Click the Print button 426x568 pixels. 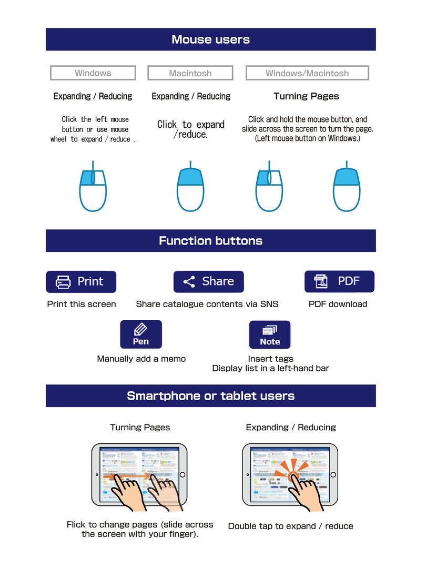[x=81, y=281]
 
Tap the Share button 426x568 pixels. [x=209, y=281]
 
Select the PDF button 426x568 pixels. [x=339, y=281]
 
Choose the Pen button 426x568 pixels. [x=141, y=334]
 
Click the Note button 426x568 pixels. [x=270, y=334]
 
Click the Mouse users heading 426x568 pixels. [x=210, y=39]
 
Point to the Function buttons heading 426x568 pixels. [x=210, y=241]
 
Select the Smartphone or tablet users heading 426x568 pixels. [x=210, y=395]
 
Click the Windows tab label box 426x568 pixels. [x=93, y=73]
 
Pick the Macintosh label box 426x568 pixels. [x=190, y=73]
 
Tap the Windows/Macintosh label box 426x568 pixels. [x=307, y=73]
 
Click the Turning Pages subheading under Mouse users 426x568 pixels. [x=306, y=96]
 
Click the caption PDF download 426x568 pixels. [x=338, y=304]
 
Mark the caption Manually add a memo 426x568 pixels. [x=141, y=359]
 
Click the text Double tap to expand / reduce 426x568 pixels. [x=291, y=526]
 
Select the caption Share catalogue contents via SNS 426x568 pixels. [x=207, y=304]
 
